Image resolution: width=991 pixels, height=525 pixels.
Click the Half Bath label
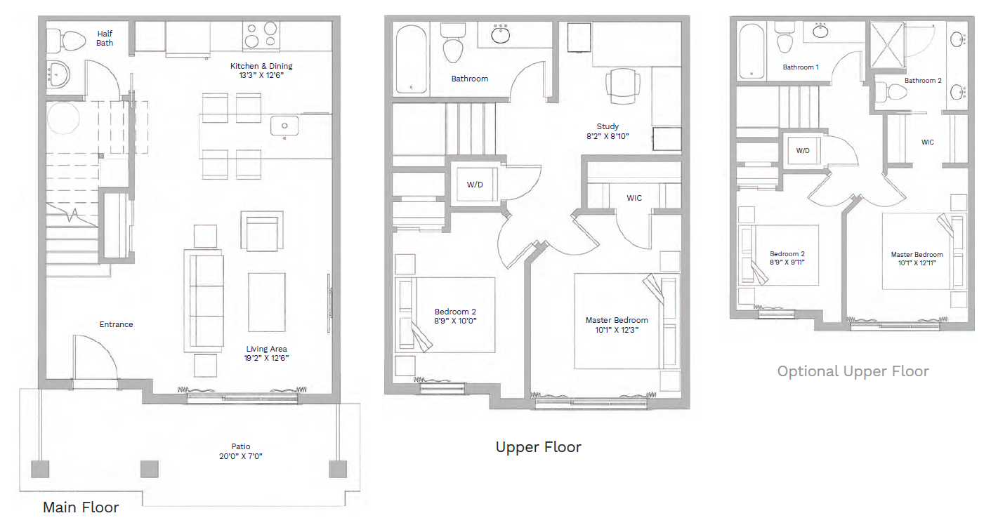(x=105, y=38)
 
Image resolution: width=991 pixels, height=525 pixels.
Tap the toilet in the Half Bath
(x=66, y=41)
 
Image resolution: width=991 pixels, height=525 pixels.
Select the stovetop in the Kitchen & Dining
(x=261, y=35)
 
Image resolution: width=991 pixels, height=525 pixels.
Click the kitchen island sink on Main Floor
(x=284, y=126)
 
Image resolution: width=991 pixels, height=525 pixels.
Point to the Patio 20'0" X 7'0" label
(x=241, y=451)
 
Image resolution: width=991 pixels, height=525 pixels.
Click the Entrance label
(x=116, y=324)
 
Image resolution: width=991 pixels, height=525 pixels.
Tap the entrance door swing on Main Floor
(x=96, y=357)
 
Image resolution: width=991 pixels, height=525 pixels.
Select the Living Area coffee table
(x=266, y=302)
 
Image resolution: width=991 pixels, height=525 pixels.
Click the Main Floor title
(x=81, y=507)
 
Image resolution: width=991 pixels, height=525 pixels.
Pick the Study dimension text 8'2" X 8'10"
(x=608, y=136)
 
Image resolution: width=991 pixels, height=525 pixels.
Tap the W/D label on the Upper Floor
(x=475, y=185)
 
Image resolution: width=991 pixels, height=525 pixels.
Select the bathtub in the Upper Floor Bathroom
(x=411, y=59)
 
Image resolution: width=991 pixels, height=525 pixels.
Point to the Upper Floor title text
(x=539, y=446)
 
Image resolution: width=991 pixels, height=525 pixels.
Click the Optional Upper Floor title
(x=853, y=371)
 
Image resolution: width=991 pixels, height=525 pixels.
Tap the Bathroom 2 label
(x=923, y=81)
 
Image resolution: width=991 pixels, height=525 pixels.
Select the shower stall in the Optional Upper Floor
(x=888, y=45)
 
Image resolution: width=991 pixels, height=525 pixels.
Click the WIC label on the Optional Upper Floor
(x=927, y=142)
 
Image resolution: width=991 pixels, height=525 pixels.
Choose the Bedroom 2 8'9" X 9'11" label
(x=787, y=258)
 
